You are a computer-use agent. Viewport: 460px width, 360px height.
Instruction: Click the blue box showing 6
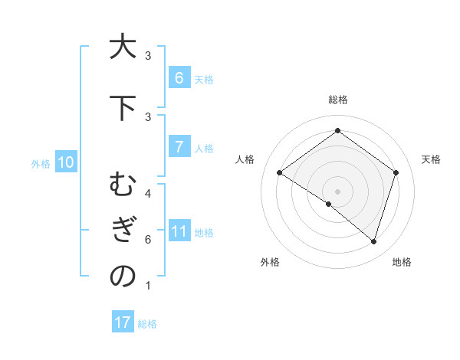click(x=179, y=77)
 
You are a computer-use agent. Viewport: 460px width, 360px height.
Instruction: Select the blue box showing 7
click(x=179, y=147)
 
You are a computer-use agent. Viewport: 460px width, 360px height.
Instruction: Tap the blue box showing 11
click(x=179, y=231)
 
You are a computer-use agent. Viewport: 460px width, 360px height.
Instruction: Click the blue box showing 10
click(x=65, y=162)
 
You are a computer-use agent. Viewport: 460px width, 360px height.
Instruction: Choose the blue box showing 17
click(x=123, y=322)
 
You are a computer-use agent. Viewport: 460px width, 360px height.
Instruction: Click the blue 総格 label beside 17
click(x=147, y=324)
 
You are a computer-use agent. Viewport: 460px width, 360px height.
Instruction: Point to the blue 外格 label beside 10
click(x=41, y=163)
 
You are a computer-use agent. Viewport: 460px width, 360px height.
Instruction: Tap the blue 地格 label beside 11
click(x=204, y=233)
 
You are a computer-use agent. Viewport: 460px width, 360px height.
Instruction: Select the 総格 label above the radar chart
click(x=337, y=100)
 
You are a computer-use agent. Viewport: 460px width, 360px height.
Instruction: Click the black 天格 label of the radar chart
click(x=432, y=159)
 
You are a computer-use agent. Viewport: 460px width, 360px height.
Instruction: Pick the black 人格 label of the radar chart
click(x=245, y=159)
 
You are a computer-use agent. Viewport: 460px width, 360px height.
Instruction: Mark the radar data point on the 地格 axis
click(x=373, y=241)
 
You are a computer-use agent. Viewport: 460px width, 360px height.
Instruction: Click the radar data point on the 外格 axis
click(x=329, y=204)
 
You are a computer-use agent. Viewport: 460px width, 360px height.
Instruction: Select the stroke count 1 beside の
click(x=147, y=286)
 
